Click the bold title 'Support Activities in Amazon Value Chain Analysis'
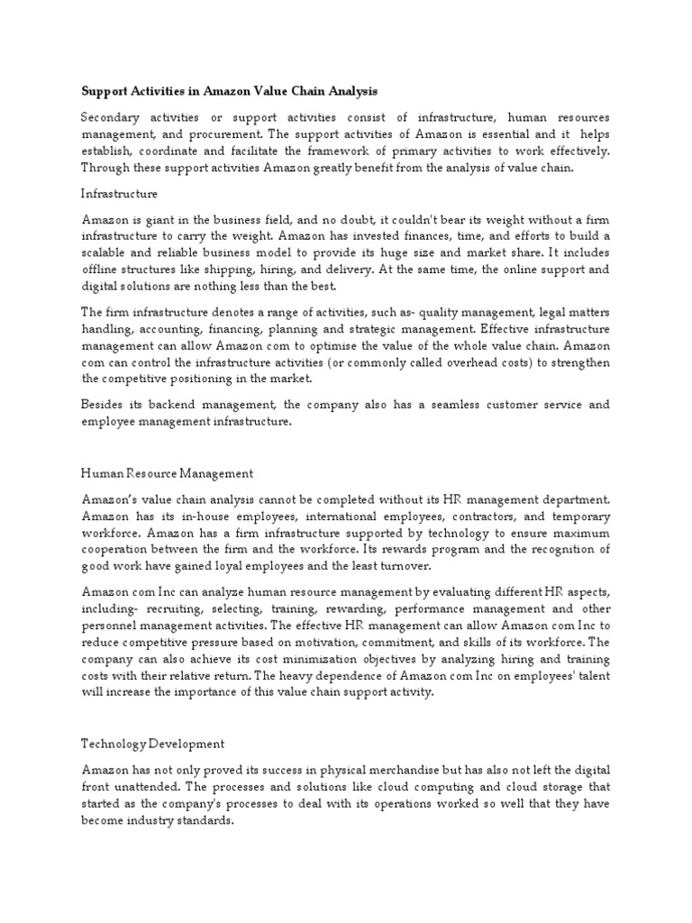231,91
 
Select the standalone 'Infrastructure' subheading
120,193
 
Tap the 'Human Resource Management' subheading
167,473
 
